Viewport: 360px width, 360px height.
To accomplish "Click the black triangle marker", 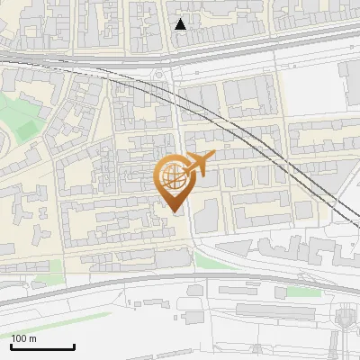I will coord(181,24).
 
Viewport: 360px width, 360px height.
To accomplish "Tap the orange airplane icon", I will coord(198,164).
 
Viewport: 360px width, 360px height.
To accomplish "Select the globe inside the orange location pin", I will coord(173,176).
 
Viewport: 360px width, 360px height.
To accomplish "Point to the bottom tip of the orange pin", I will coord(174,211).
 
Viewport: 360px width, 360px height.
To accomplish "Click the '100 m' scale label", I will coord(23,338).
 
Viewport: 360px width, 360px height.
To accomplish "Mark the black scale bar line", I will coord(41,347).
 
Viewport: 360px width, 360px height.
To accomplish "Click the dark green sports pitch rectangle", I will coord(28,130).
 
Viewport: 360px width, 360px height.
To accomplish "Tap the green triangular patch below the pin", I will coord(209,261).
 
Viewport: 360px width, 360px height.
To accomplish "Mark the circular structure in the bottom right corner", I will coord(345,319).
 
